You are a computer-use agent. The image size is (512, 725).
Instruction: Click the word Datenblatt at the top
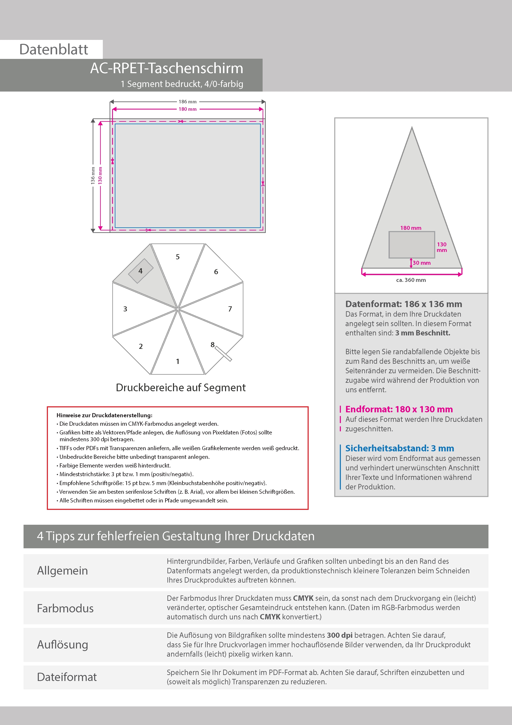tap(54, 50)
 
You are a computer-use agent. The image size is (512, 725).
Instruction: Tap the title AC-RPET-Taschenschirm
tap(167, 68)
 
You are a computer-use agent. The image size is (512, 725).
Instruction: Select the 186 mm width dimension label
tap(187, 102)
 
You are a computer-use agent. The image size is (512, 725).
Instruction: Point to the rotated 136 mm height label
tap(93, 175)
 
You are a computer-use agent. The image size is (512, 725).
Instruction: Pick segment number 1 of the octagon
tap(178, 361)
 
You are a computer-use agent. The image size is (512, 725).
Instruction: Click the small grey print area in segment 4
tap(141, 271)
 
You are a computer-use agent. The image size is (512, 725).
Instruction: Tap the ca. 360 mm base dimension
tap(411, 280)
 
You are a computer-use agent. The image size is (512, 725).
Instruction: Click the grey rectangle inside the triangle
tap(411, 245)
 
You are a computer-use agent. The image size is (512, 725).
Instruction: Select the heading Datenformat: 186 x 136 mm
tap(403, 304)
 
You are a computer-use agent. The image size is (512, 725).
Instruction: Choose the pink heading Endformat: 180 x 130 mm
tap(399, 409)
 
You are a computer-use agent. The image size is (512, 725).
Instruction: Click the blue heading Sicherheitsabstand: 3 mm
tap(399, 448)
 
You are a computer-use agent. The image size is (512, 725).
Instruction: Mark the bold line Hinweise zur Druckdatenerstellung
tap(104, 415)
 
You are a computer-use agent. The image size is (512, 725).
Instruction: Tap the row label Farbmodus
tap(65, 608)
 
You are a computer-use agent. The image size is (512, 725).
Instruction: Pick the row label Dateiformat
tap(67, 677)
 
